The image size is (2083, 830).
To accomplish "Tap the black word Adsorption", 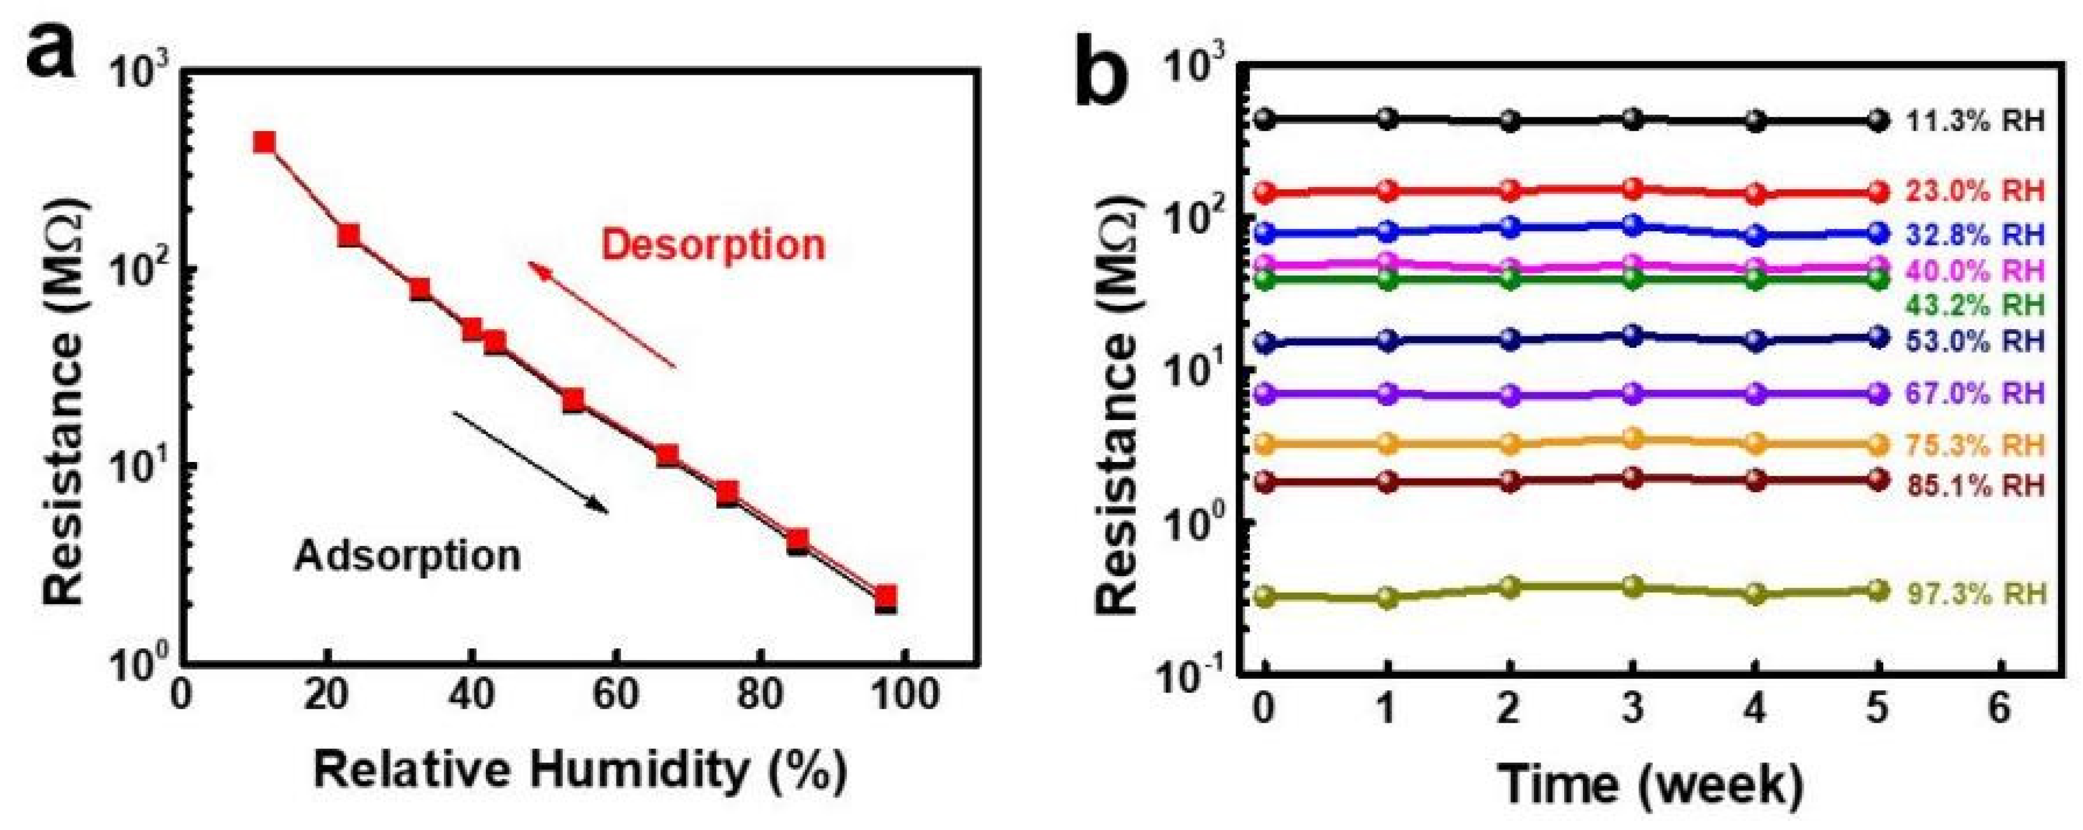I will tap(407, 557).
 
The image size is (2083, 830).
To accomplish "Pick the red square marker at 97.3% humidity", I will tap(886, 597).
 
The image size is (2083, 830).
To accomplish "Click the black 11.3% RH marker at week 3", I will tap(1633, 119).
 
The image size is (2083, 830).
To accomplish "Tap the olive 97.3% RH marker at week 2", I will tap(1510, 587).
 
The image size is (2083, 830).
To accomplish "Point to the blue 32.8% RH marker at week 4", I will tap(1755, 235).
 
